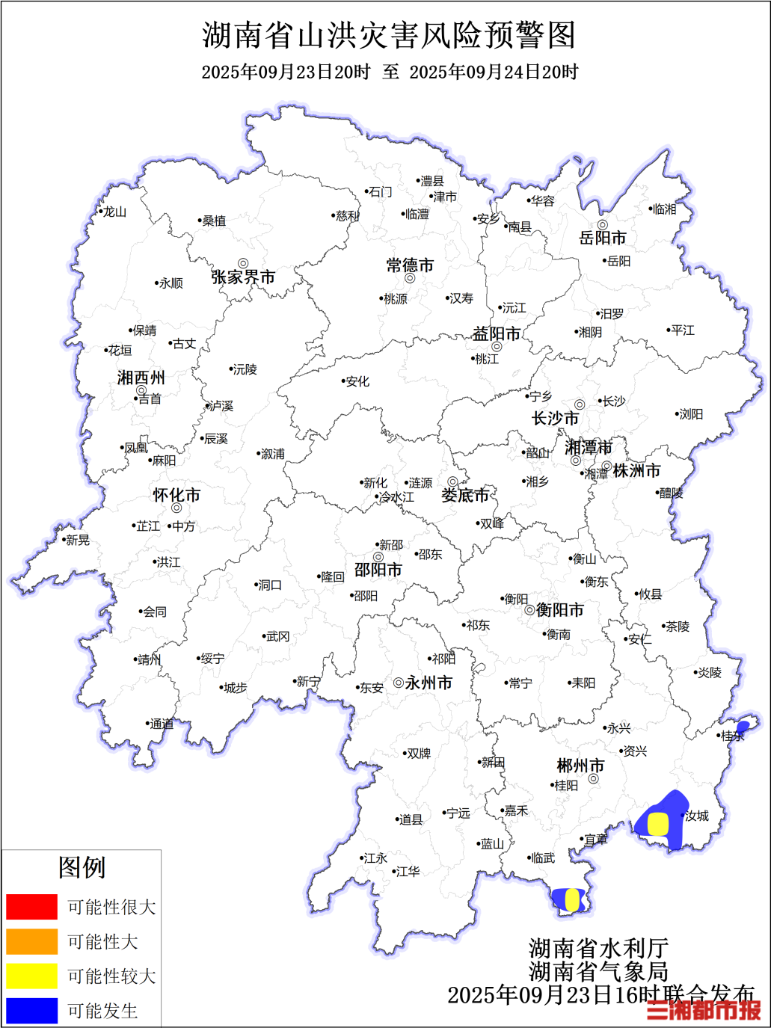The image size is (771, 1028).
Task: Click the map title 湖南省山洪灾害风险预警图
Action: (389, 35)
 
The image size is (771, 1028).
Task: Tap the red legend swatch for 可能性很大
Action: (31, 907)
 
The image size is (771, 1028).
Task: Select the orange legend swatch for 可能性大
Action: (31, 941)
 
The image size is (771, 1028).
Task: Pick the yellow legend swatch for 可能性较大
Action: (31, 976)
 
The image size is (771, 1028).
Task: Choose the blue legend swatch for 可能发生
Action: (31, 1011)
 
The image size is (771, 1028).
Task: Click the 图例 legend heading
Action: (82, 867)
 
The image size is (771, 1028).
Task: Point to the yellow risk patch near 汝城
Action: (657, 824)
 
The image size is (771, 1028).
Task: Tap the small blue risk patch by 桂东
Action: (743, 726)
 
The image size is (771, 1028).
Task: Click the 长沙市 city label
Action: (555, 419)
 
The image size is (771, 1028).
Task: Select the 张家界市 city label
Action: (243, 277)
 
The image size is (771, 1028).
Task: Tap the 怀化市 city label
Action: (176, 495)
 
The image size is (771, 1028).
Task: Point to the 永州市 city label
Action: (428, 683)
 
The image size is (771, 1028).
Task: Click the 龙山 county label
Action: (114, 212)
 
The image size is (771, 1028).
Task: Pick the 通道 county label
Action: (162, 724)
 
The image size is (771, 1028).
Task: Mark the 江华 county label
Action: (408, 872)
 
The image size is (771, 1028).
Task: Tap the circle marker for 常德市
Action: (410, 279)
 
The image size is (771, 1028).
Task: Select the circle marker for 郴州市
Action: (593, 779)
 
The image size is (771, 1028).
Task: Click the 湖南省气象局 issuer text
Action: (598, 971)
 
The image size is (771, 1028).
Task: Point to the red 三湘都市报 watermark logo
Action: (704, 1010)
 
